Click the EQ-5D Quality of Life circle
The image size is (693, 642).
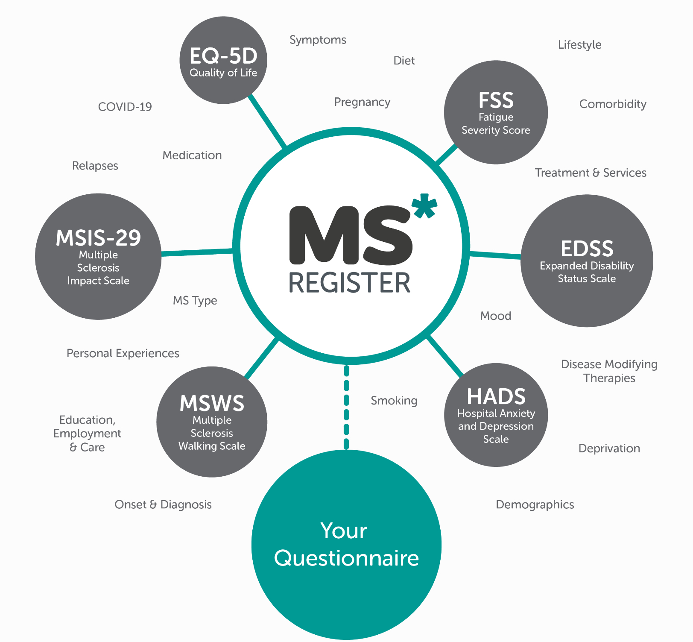(223, 60)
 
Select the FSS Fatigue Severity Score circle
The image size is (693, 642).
(496, 112)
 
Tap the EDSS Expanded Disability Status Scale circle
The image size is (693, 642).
(587, 261)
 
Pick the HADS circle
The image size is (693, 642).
(496, 415)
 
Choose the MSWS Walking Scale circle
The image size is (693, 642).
(212, 422)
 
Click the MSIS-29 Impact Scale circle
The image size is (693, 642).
(98, 257)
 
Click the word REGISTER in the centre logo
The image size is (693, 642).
(349, 283)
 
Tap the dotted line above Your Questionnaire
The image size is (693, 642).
(346, 407)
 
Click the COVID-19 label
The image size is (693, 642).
(125, 107)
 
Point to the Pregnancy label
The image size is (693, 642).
(362, 102)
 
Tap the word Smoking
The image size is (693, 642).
(394, 401)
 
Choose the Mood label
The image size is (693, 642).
(495, 316)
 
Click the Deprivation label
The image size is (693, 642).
(609, 449)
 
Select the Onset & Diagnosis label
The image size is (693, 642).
(163, 505)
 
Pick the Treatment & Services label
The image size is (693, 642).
(591, 173)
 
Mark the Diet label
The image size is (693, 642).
(404, 61)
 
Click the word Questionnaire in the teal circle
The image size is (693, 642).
(346, 558)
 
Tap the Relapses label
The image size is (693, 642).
(95, 166)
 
